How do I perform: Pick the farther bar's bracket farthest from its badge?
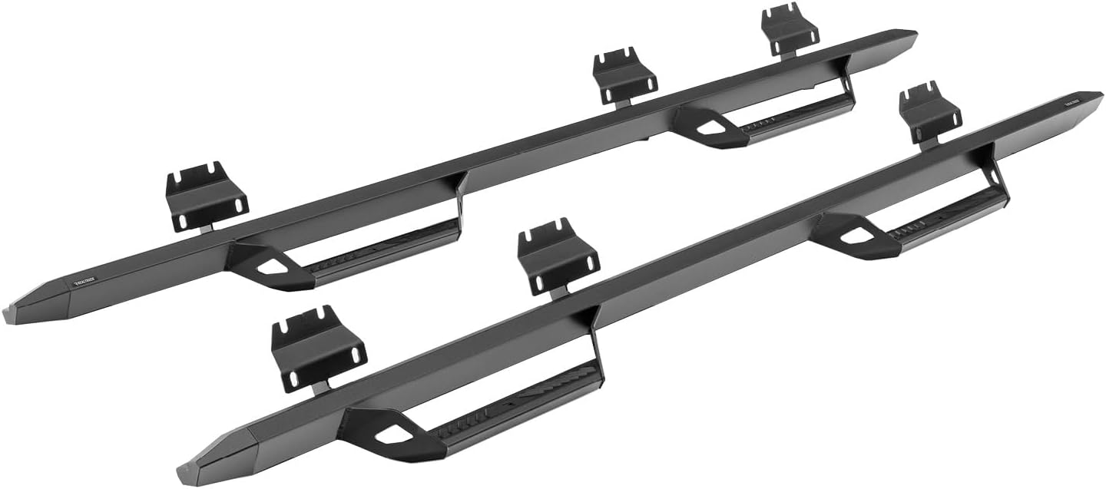click(790, 29)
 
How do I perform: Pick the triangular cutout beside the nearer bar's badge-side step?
click(850, 236)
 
